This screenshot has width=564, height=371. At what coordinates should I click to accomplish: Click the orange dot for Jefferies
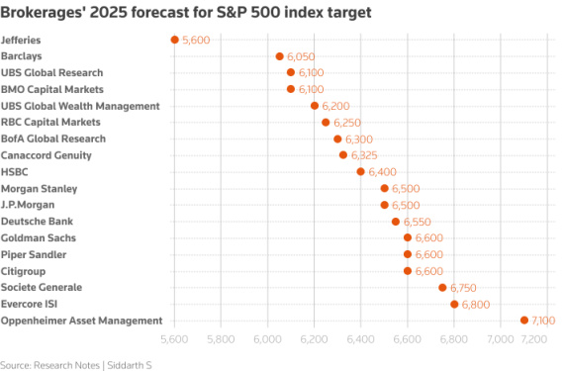click(x=175, y=40)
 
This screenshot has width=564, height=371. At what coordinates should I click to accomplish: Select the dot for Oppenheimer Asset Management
click(x=524, y=321)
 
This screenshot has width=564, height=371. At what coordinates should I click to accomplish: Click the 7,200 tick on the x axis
click(x=535, y=339)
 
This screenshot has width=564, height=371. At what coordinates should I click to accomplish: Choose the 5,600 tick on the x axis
click(x=175, y=339)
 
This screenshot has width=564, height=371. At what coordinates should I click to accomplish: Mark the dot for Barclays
click(x=279, y=56)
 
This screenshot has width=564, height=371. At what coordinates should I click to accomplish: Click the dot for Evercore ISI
click(x=454, y=304)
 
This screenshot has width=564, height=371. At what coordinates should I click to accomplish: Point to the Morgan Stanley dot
click(x=385, y=188)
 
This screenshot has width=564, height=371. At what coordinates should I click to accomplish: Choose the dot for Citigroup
click(x=408, y=271)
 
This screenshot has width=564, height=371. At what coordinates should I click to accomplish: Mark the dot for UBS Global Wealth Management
click(x=315, y=106)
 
